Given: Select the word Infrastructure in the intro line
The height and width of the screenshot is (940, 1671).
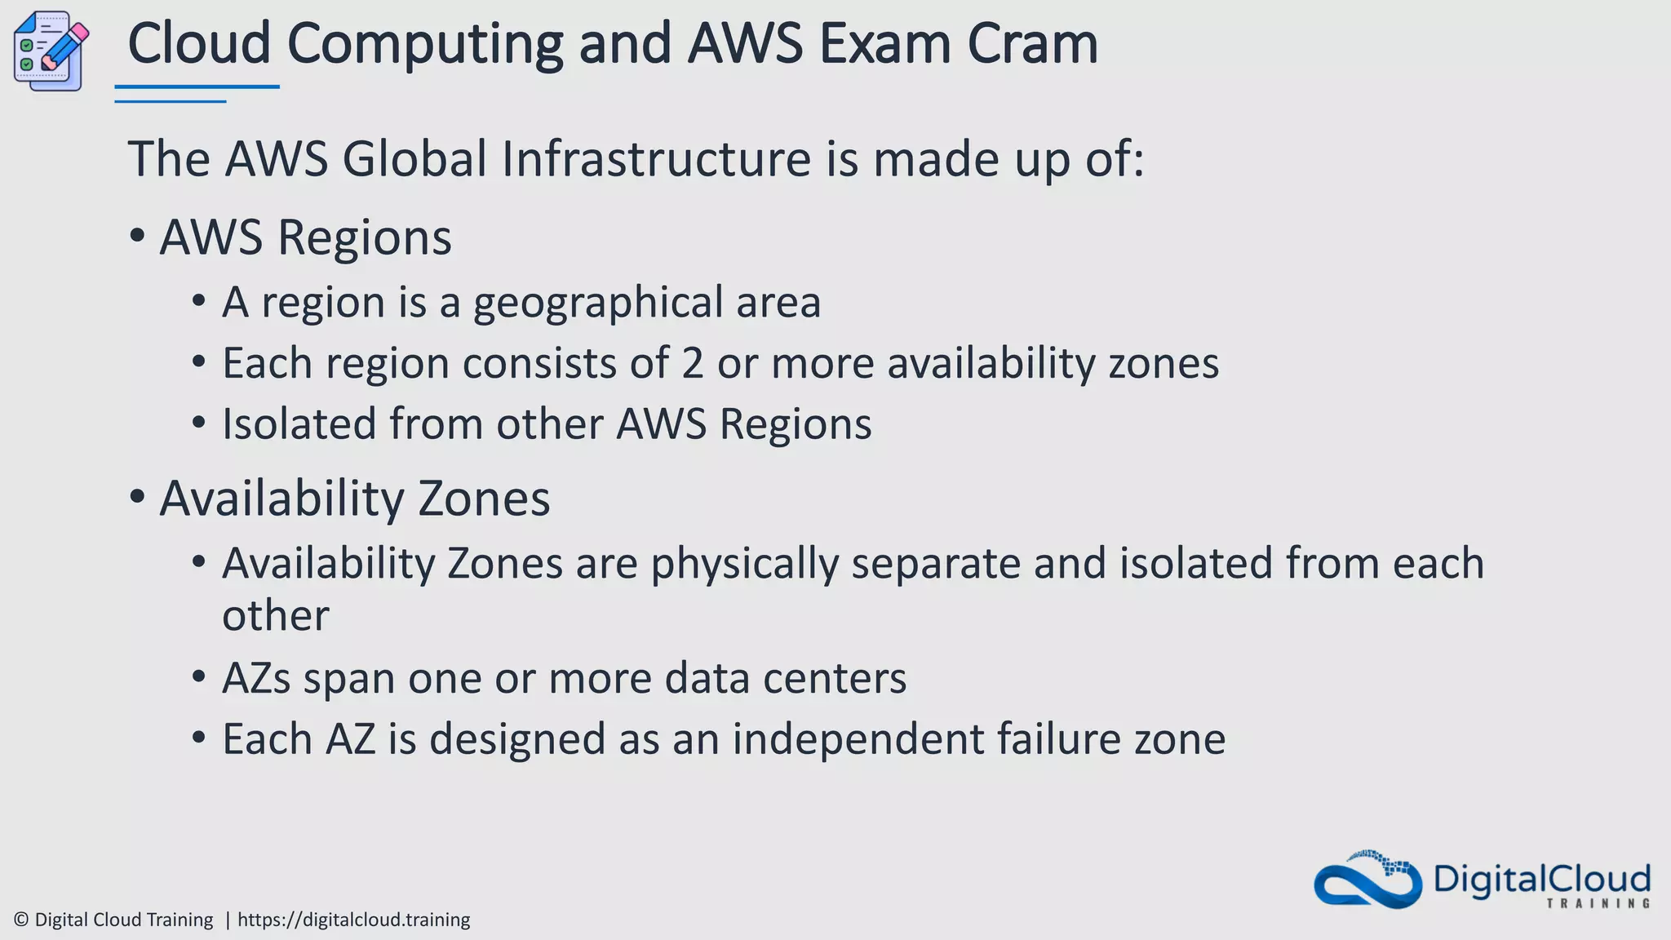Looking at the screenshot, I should [x=656, y=158].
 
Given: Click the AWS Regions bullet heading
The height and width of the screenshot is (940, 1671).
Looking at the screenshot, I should [x=305, y=237].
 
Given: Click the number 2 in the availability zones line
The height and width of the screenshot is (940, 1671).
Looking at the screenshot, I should [x=693, y=363].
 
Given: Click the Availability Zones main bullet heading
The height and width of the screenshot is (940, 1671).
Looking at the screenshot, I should [x=354, y=499].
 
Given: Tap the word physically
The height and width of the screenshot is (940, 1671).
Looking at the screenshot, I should [x=744, y=564].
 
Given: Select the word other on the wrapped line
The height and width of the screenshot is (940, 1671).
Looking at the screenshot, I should [x=275, y=616].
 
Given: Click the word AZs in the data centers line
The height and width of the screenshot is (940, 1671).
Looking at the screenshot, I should [x=256, y=678].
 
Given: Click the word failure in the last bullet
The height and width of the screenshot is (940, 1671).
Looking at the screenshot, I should [x=1058, y=739].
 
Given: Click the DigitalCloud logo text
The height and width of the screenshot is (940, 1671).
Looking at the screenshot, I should [x=1541, y=880].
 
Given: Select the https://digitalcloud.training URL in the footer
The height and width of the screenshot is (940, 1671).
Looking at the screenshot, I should [x=353, y=920].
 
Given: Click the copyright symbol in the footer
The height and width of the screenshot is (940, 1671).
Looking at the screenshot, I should [x=21, y=920].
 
